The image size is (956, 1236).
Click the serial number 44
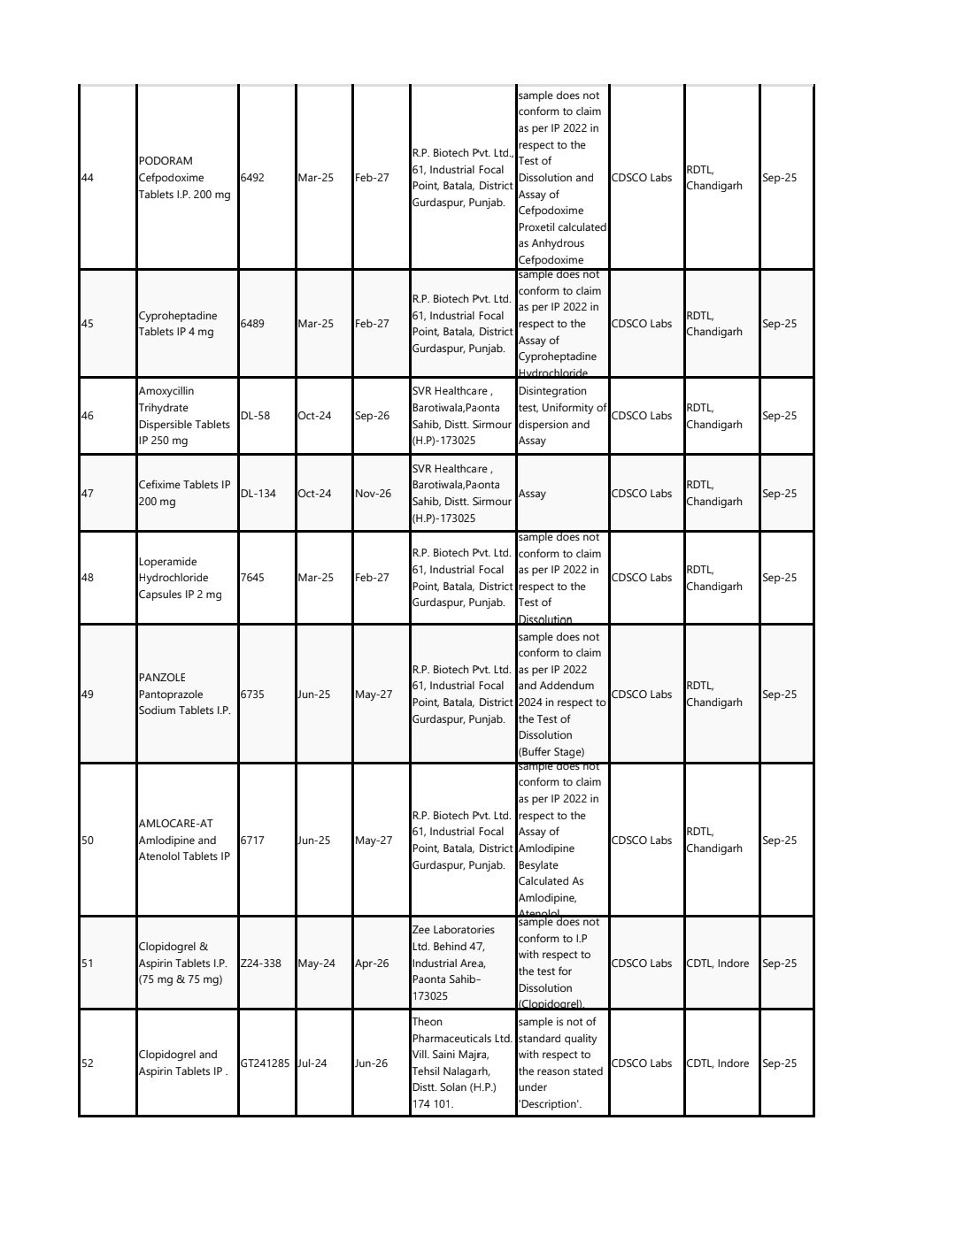88,178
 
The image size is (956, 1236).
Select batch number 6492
252,178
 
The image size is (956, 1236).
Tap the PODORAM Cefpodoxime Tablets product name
184,178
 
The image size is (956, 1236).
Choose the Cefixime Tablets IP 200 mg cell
184,494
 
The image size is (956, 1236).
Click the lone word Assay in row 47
532,494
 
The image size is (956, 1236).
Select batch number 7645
252,578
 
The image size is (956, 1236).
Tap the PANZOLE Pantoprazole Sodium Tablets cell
184,695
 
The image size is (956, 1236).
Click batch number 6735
252,695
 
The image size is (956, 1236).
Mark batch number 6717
252,841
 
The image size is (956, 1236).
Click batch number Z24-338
261,963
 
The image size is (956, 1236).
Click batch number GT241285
265,1063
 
